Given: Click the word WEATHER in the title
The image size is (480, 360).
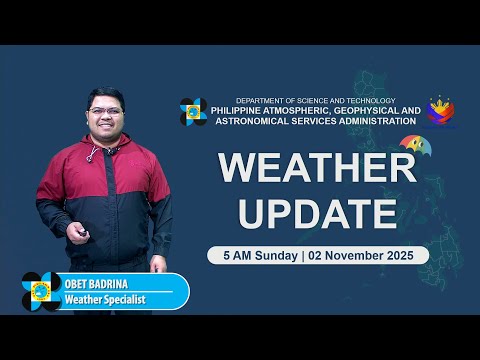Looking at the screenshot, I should coord(317,168).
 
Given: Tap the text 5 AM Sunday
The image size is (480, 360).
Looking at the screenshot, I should coord(258,255).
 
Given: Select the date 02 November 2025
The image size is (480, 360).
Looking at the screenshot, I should coord(366,255).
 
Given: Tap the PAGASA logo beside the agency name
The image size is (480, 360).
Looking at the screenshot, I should coord(193,111).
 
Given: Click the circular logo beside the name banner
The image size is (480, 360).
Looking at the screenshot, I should coord(41,291).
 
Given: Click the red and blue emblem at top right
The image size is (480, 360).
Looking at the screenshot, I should coord(441,111).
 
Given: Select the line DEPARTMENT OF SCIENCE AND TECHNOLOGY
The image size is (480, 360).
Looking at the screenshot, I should coord(315,101).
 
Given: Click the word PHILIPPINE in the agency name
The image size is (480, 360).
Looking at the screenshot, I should coord(248,111).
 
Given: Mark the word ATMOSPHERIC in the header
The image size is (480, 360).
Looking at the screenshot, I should coord(305,111).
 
